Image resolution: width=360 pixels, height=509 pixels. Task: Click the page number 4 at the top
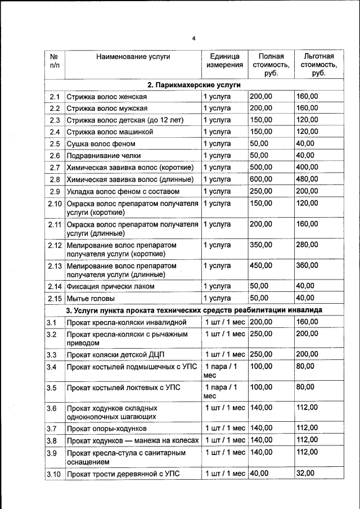coord(193,38)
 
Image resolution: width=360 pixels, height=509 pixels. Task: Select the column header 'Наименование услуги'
coord(133,56)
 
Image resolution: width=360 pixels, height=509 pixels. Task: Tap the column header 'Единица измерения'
coord(224,61)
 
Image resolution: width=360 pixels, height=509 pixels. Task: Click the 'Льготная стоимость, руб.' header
coord(318,65)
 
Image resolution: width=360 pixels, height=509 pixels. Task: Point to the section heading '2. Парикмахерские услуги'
coord(194,85)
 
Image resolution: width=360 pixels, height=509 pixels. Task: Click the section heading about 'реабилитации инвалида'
coord(194,310)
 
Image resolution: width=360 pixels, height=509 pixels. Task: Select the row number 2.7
coord(55,168)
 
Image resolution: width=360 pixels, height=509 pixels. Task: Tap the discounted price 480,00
coord(307,179)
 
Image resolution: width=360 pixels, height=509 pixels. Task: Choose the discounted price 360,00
coord(307,265)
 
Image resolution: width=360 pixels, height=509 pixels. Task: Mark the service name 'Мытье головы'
coord(91,298)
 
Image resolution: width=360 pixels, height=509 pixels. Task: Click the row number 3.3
coord(52,355)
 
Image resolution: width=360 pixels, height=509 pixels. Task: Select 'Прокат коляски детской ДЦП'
coord(115,355)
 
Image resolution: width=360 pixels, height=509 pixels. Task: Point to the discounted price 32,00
coord(305,474)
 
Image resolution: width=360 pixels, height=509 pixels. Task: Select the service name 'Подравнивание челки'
coord(103,156)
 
